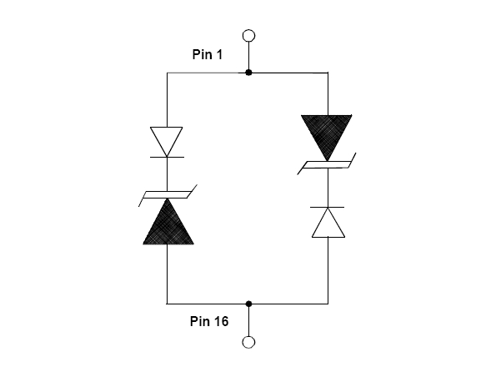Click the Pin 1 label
208,54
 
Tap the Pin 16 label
209,321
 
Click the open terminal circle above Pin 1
248,36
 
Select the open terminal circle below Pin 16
248,342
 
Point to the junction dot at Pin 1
248,73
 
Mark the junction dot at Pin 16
248,304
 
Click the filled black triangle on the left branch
168,227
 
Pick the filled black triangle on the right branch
327,132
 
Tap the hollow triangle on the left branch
167,138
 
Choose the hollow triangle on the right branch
328,227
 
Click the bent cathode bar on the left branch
168,195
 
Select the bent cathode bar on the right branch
327,164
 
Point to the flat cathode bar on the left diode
167,157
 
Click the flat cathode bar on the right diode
327,207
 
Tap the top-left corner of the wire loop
167,73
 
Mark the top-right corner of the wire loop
328,73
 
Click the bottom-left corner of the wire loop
167,304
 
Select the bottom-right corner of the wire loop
328,304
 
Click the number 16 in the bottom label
221,321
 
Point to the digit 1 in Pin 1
219,54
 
